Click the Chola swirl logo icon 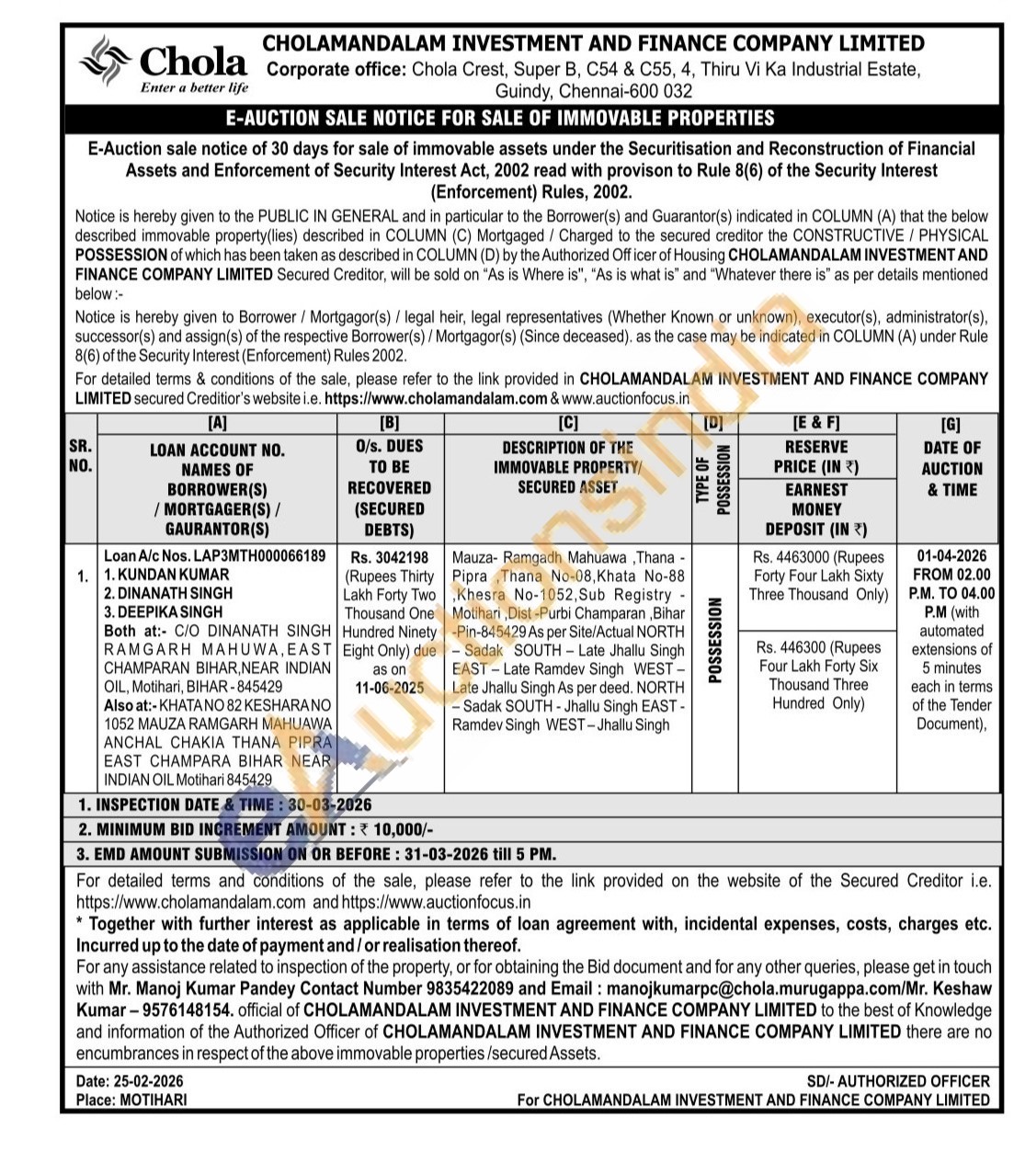click(x=107, y=62)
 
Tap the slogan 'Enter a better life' click(x=194, y=88)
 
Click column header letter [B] click(x=390, y=424)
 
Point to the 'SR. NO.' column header click(x=81, y=456)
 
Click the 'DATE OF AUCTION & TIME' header click(x=951, y=468)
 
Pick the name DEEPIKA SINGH click(x=169, y=611)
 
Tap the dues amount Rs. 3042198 click(x=390, y=557)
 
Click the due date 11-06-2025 click(x=390, y=688)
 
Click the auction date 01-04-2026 click(x=951, y=556)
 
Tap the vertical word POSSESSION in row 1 click(x=714, y=641)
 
